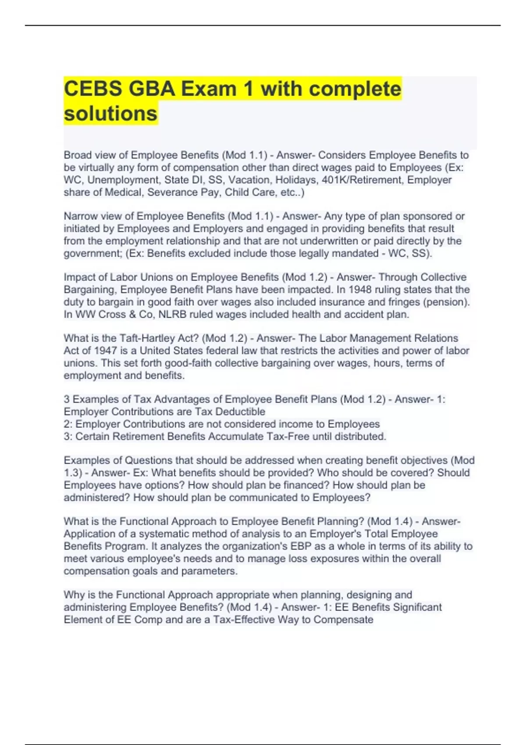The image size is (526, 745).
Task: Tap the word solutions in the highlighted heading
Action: coord(110,114)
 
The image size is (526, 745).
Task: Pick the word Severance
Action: coord(168,192)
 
